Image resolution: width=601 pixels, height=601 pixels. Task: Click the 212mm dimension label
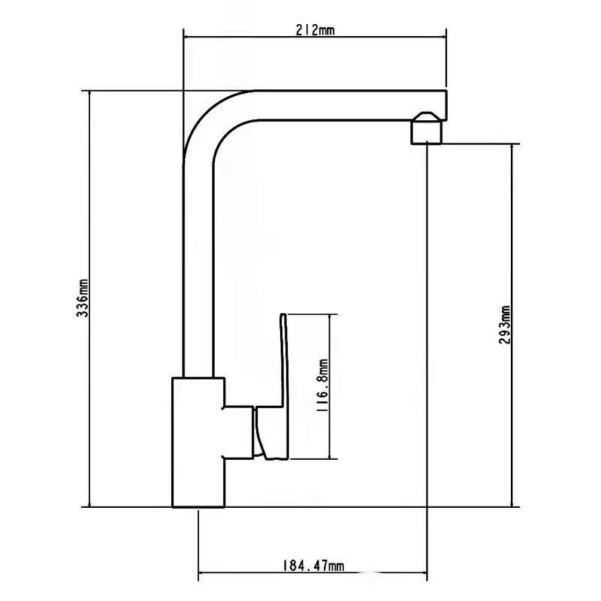tap(315, 30)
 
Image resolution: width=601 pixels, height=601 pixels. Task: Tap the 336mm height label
tap(83, 297)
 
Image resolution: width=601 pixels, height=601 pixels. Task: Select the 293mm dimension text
tap(504, 325)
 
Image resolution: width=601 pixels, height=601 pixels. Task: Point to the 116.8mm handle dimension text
tap(322, 385)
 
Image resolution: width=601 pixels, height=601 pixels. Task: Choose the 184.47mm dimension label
tap(313, 566)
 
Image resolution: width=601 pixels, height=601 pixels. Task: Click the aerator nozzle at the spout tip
tap(427, 128)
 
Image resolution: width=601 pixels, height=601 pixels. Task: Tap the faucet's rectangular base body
tap(198, 442)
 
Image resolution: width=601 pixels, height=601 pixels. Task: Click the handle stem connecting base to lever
tap(239, 431)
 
